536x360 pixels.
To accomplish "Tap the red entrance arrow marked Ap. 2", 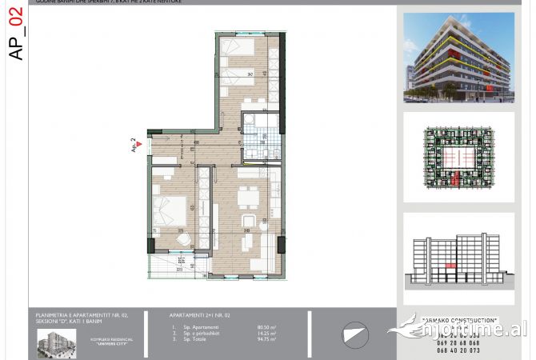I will point(139,144).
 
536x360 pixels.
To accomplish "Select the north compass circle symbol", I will point(354,333).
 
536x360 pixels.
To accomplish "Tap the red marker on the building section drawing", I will point(450,265).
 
